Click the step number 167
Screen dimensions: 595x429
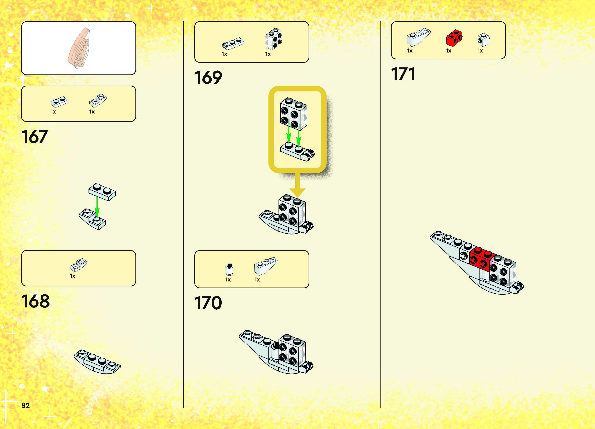(x=34, y=137)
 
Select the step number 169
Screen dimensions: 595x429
(x=208, y=78)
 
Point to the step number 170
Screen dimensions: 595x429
(x=208, y=303)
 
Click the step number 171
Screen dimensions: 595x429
(x=403, y=74)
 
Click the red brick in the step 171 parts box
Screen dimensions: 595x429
(x=454, y=38)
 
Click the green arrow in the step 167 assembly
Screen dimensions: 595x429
(x=97, y=207)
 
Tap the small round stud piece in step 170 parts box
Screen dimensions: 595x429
(x=229, y=269)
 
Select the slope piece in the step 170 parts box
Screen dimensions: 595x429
(x=266, y=266)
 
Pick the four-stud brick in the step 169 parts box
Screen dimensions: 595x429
(x=274, y=39)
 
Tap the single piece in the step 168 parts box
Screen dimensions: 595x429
(x=78, y=265)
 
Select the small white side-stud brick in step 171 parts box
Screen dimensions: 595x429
(x=483, y=39)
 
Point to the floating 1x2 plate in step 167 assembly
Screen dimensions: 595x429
(x=102, y=192)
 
